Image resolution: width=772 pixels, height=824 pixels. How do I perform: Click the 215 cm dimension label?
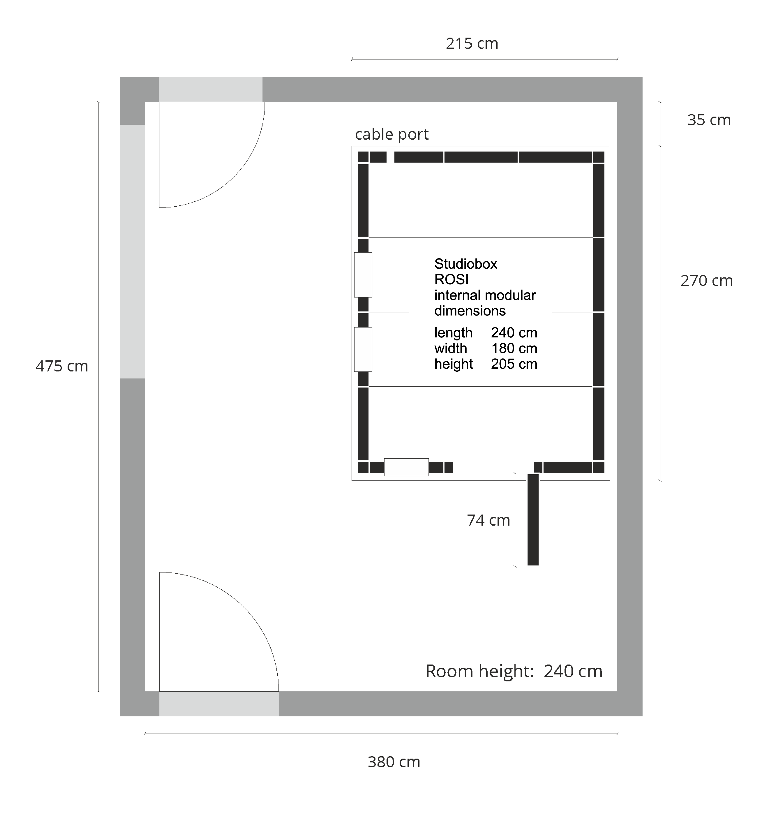(x=472, y=44)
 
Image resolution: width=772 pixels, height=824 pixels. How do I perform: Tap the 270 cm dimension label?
(x=706, y=281)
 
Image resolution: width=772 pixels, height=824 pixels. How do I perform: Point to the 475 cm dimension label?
(x=62, y=366)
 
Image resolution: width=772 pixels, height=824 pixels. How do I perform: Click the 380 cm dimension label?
(x=394, y=762)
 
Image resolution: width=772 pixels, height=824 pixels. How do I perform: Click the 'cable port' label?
(x=392, y=134)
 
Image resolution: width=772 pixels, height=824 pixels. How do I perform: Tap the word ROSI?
(x=451, y=279)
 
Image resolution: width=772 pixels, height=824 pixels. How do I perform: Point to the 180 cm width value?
(x=514, y=348)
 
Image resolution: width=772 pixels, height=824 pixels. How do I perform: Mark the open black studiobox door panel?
(x=533, y=520)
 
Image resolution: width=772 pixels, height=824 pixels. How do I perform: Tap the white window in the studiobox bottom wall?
(x=406, y=467)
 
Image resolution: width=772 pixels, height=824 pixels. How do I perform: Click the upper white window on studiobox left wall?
(x=363, y=275)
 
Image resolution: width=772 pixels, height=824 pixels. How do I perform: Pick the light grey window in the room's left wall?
(x=132, y=251)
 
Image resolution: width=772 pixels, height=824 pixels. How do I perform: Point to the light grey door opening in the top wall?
(x=210, y=89)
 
